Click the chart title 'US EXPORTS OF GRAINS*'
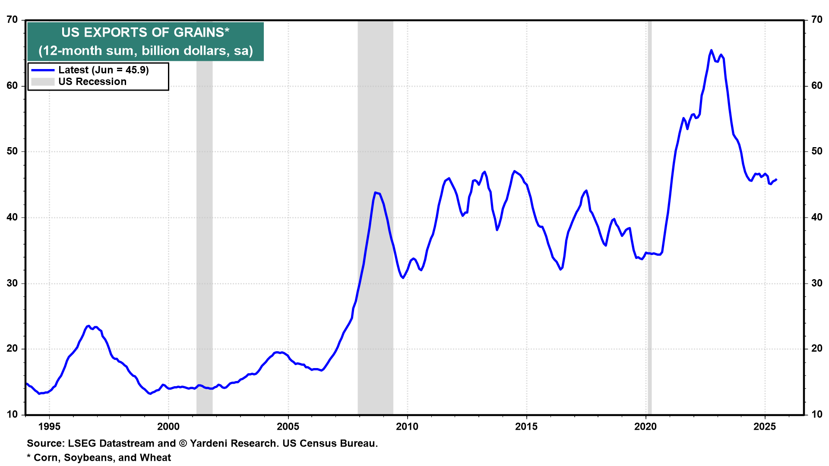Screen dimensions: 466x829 click(145, 32)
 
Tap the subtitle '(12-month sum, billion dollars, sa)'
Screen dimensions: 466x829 click(146, 51)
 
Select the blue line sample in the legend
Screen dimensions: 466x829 click(43, 70)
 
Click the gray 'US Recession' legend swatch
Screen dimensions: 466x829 click(43, 82)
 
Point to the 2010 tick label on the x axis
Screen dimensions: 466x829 click(407, 427)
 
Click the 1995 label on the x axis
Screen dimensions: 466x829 click(49, 427)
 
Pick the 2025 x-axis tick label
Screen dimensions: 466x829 click(765, 427)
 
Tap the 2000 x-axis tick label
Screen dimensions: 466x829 click(168, 427)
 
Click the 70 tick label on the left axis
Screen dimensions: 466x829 click(12, 20)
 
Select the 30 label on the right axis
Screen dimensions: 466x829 click(817, 283)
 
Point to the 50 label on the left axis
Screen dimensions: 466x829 click(12, 151)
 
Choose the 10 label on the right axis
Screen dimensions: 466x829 click(817, 415)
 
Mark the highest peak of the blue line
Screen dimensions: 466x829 click(711, 50)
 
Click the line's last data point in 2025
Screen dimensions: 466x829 click(776, 179)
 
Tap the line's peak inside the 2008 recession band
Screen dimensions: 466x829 click(375, 192)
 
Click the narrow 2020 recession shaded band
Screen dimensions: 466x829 click(649, 216)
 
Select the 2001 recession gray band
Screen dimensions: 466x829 click(204, 216)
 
